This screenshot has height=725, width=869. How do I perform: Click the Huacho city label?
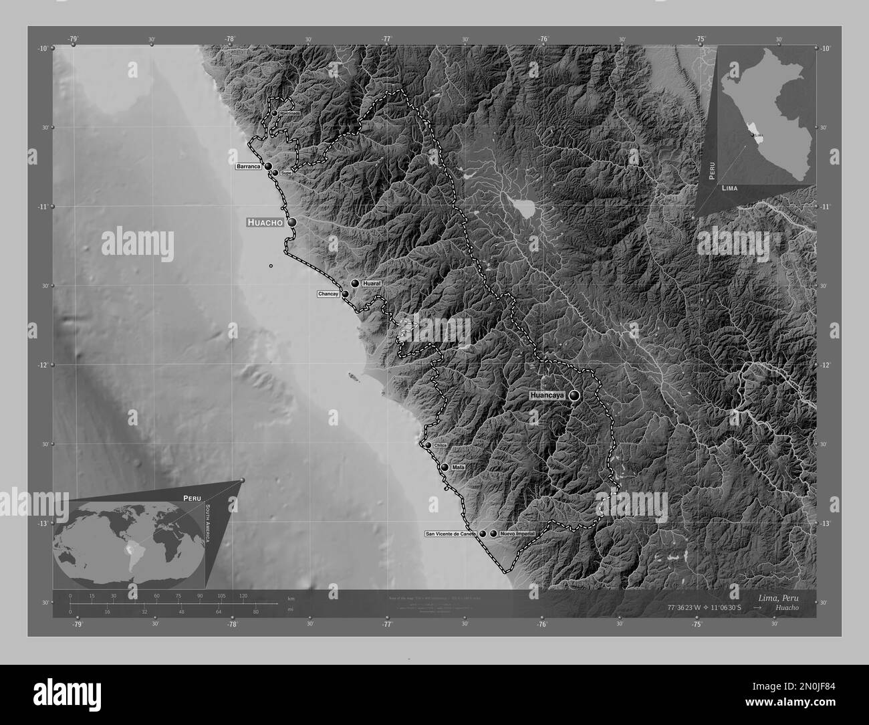click(x=265, y=222)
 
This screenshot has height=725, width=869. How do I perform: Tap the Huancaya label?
click(x=547, y=396)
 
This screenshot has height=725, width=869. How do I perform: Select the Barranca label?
click(x=247, y=166)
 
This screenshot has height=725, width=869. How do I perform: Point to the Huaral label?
click(x=371, y=284)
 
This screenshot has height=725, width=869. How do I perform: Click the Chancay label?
click(x=328, y=294)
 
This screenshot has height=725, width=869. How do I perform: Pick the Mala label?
click(x=458, y=467)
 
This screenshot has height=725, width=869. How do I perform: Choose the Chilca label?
click(x=440, y=445)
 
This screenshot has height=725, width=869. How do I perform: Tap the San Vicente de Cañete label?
click(x=451, y=534)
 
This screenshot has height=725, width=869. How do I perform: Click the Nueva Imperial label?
click(x=517, y=534)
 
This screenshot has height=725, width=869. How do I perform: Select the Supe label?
click(x=286, y=173)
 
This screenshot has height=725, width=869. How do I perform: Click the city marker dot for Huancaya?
click(x=574, y=396)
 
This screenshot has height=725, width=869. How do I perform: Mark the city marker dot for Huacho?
click(x=292, y=222)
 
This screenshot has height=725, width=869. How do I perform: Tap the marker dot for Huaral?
click(x=356, y=284)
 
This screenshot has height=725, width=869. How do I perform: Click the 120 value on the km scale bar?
click(x=243, y=596)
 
